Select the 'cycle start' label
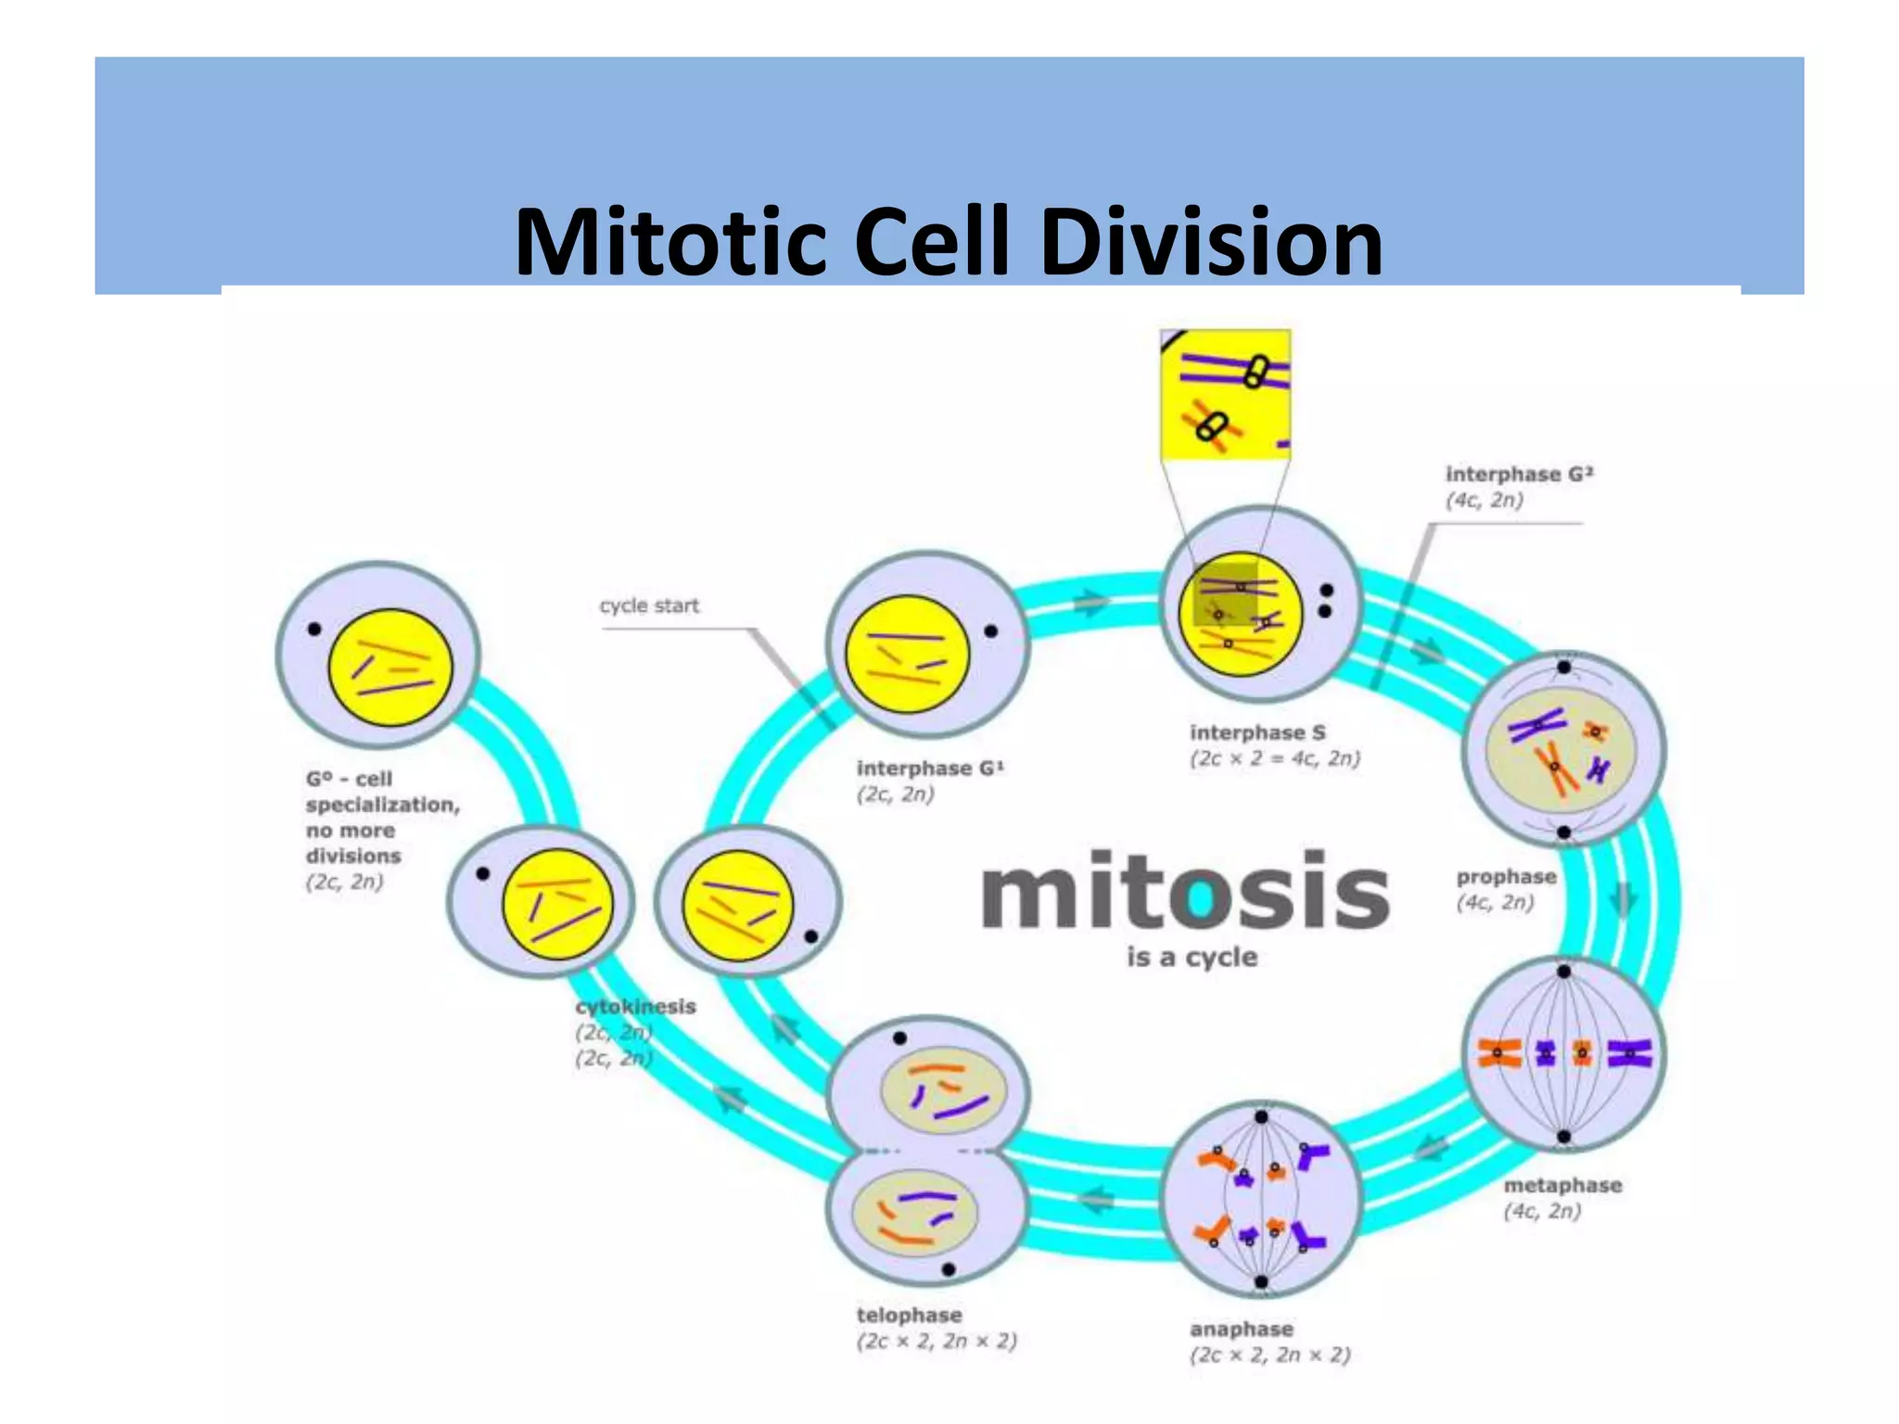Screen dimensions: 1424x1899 coord(649,605)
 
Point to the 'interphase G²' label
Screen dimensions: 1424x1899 coord(1519,475)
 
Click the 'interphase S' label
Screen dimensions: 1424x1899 coord(1257,732)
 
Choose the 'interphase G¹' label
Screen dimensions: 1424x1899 coord(929,769)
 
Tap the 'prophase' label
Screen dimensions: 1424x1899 coord(1506,877)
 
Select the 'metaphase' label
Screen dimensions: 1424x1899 coord(1562,1185)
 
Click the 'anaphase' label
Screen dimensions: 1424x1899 coord(1241,1329)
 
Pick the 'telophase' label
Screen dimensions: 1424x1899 coord(909,1315)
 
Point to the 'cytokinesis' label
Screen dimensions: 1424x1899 coord(635,1007)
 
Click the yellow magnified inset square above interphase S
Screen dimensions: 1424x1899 coord(1225,394)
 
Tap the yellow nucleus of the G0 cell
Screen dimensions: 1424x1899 coord(390,667)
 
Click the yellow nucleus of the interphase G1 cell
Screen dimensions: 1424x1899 coord(907,654)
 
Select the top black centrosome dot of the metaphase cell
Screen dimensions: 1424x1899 coord(1563,972)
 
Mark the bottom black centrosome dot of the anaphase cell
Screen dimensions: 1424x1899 coord(1261,1282)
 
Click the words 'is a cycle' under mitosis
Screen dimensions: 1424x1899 coord(1192,957)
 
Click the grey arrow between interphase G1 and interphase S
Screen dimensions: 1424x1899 coord(1091,603)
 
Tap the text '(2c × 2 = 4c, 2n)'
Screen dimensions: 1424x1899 coord(1275,758)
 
